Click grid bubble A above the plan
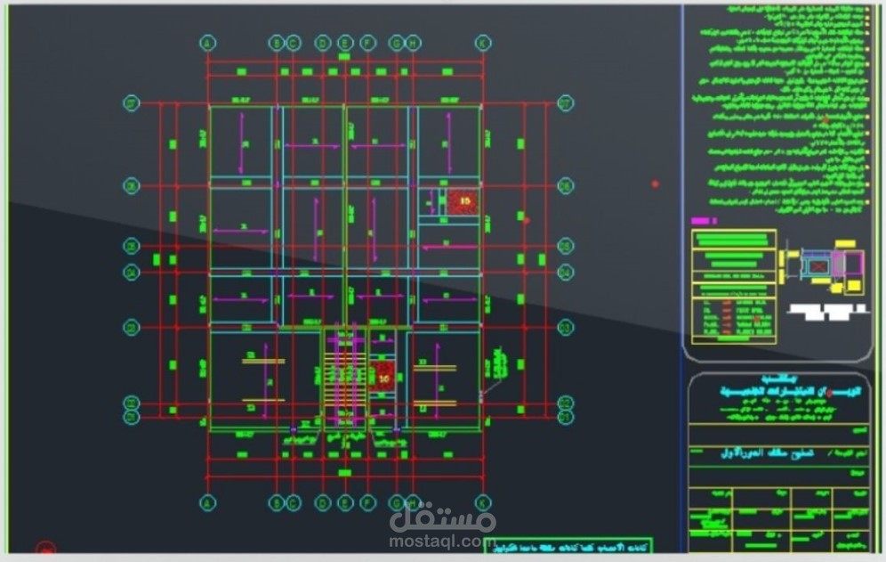coord(207,43)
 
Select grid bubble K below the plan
coord(483,502)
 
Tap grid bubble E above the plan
coord(344,43)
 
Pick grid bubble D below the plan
coord(321,502)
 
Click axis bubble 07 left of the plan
coord(132,103)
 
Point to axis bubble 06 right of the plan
coord(566,186)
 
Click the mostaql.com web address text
coord(442,540)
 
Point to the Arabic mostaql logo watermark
coord(442,516)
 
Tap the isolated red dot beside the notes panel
coord(655,183)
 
